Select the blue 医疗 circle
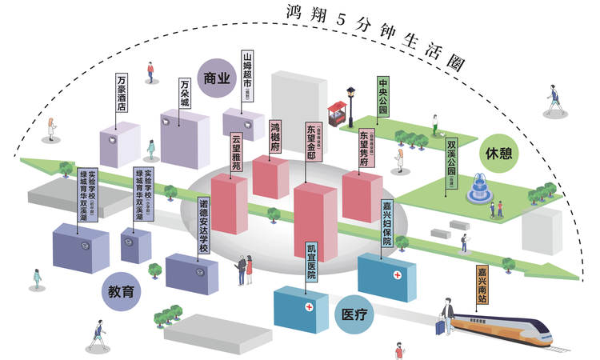354,314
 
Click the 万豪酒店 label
121,93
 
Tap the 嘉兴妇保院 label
387,225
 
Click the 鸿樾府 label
276,138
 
